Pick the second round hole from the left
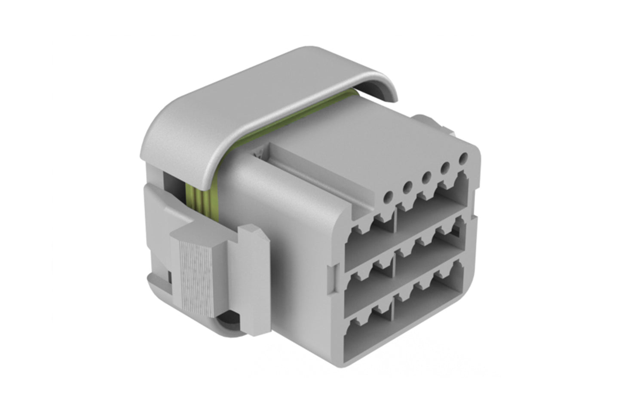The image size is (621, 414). pos(407,187)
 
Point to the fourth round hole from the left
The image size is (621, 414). pos(445,168)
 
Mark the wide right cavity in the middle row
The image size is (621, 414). pos(430,254)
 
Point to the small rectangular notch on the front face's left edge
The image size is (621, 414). pos(331,275)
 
